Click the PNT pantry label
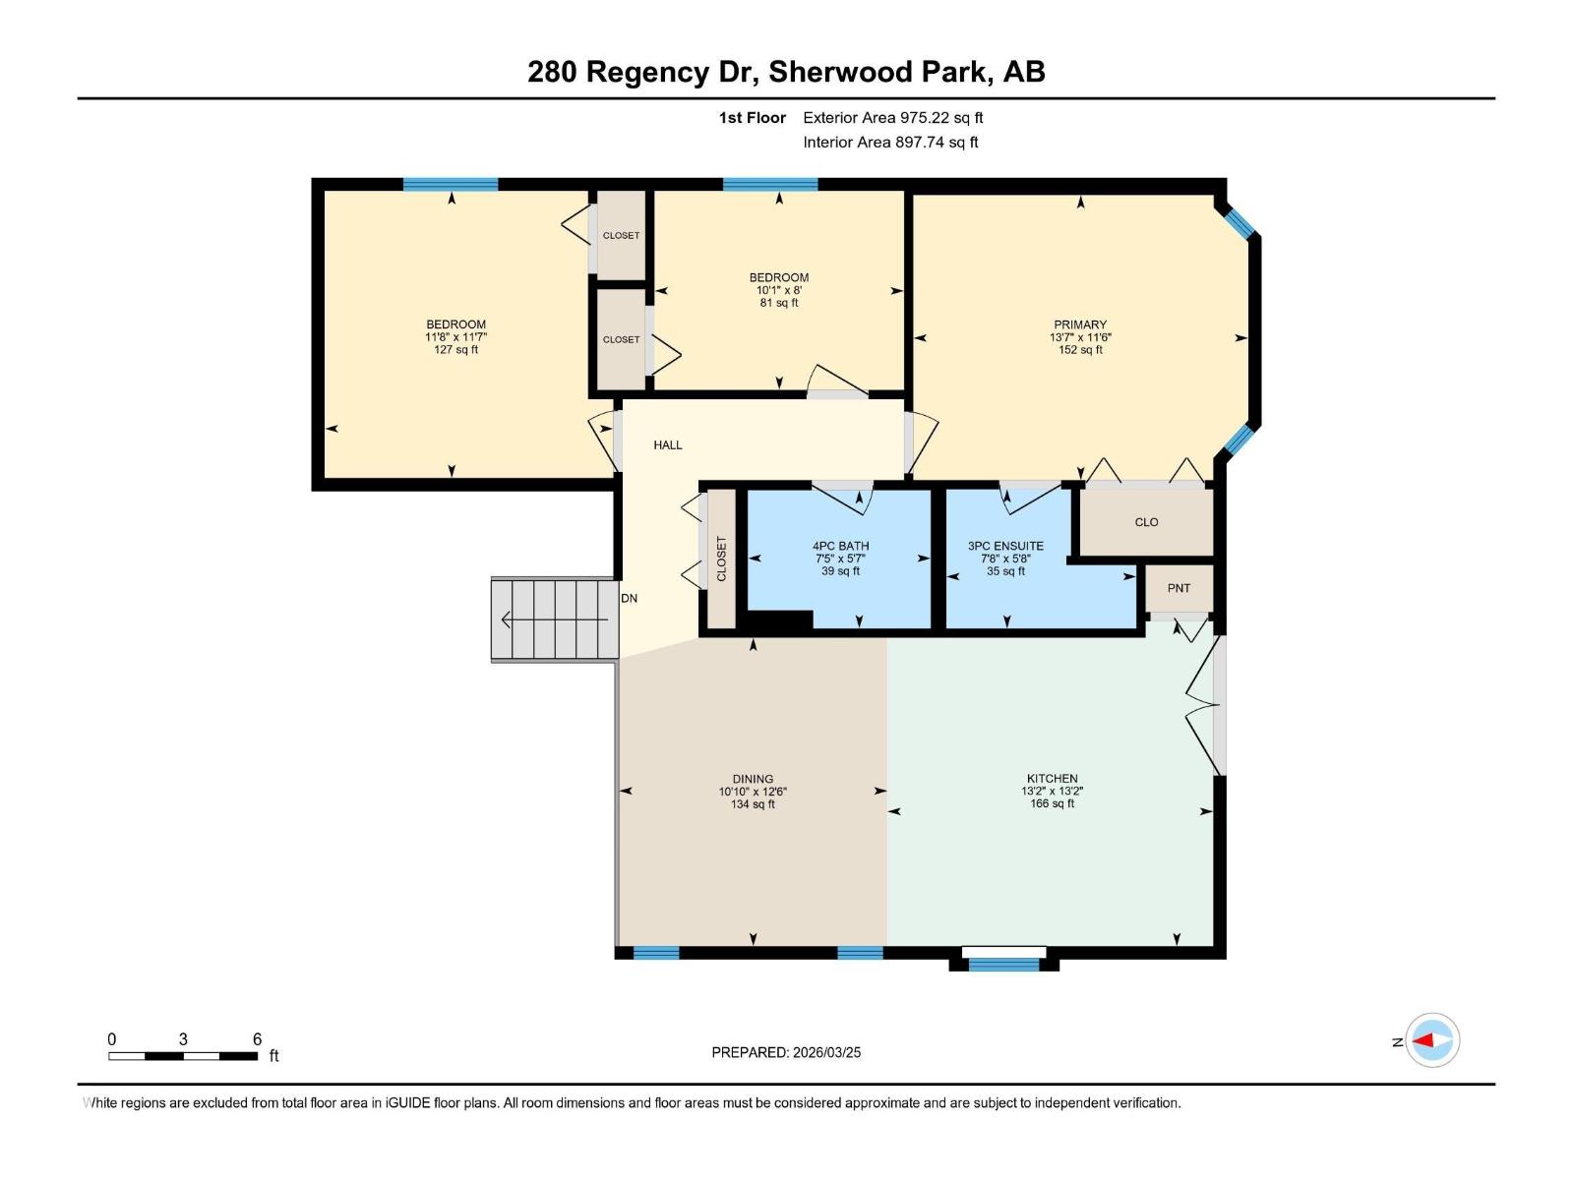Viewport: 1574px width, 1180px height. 1179,588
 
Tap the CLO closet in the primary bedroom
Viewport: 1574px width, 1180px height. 1146,522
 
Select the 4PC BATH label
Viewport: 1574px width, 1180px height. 840,546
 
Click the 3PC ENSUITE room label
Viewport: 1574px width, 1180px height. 1005,546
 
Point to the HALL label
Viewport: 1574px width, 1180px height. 668,445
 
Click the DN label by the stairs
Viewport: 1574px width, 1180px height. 629,598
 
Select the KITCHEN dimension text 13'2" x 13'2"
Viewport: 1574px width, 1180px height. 1052,791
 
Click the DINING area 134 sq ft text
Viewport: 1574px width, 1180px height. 753,804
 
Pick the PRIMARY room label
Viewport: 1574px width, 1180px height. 1080,324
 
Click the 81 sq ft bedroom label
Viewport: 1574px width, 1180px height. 779,303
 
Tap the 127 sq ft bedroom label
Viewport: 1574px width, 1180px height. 455,350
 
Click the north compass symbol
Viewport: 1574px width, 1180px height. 1431,1040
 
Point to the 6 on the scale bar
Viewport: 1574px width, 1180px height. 257,1039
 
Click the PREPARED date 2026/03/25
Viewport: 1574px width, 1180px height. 824,1052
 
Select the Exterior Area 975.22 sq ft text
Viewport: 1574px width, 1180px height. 892,118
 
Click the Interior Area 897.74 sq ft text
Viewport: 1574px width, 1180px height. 890,143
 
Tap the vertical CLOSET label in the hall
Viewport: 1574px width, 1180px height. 721,559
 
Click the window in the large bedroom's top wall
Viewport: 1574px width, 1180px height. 451,184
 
